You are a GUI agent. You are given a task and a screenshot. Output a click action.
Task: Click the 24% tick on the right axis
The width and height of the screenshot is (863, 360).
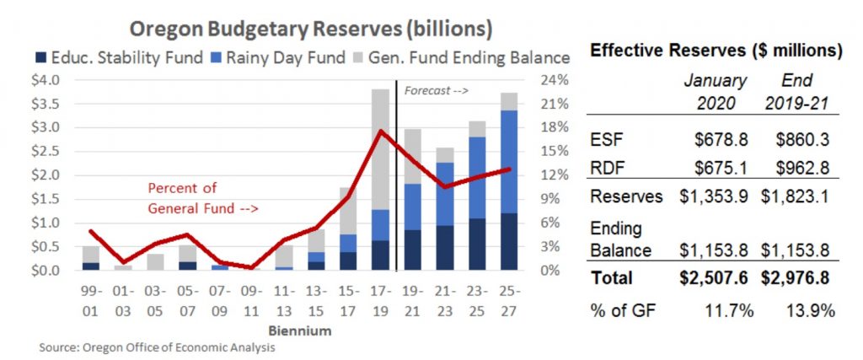[549, 81]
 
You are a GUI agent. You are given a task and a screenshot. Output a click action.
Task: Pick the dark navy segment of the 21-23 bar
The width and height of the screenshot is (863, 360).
[445, 248]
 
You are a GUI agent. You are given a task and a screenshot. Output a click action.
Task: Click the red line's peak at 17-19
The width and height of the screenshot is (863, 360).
[381, 131]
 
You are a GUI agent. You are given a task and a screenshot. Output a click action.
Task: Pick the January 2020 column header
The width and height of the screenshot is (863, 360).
[715, 91]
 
